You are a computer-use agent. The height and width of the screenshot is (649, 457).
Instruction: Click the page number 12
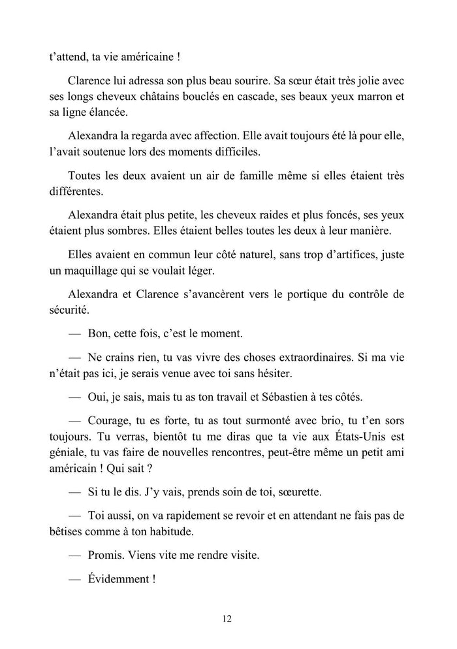click(x=227, y=619)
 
